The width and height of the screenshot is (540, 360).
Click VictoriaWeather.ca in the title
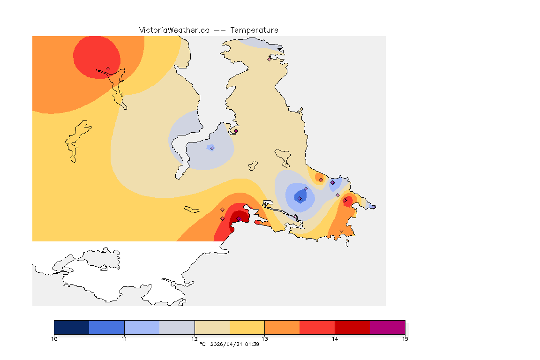pyautogui.click(x=174, y=30)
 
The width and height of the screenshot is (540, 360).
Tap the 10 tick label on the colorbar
pyautogui.click(x=54, y=338)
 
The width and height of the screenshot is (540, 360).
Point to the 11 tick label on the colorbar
pyautogui.click(x=124, y=338)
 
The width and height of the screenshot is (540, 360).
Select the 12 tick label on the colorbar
pyautogui.click(x=195, y=338)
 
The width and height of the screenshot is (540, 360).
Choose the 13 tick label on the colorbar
pyautogui.click(x=264, y=338)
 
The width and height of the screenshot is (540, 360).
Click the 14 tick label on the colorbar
pyautogui.click(x=335, y=338)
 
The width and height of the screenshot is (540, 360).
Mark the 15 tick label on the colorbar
pyautogui.click(x=405, y=338)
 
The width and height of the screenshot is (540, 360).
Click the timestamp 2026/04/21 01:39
pyautogui.click(x=235, y=344)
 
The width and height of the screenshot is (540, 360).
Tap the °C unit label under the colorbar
pyautogui.click(x=202, y=344)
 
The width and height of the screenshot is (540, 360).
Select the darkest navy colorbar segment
pyautogui.click(x=72, y=327)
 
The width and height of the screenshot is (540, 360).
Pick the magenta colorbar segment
pyautogui.click(x=387, y=327)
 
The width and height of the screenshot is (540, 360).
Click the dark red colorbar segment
pyautogui.click(x=352, y=327)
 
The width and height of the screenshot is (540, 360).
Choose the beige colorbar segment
pyautogui.click(x=212, y=327)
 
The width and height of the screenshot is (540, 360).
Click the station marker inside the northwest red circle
pyautogui.click(x=108, y=68)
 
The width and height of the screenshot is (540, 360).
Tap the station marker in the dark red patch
pyautogui.click(x=238, y=219)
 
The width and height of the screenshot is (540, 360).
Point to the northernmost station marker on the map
pyautogui.click(x=270, y=59)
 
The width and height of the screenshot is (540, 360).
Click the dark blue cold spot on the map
pyautogui.click(x=299, y=196)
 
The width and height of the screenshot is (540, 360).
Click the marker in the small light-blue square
pyautogui.click(x=212, y=148)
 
